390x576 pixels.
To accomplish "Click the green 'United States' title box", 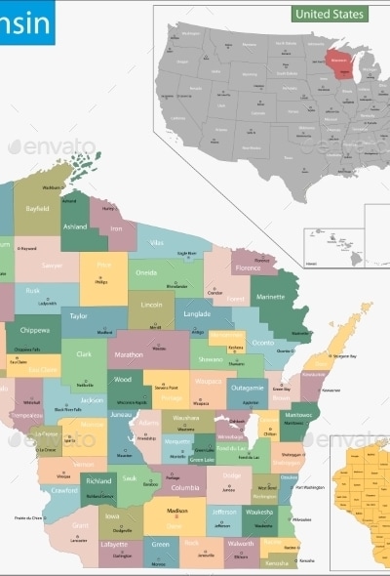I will point(331,15).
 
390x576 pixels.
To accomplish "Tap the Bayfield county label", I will point(37,208).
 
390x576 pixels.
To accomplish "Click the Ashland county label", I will point(75,226).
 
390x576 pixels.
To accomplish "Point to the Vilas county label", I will point(156,241).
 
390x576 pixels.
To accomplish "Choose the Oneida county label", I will point(146,273).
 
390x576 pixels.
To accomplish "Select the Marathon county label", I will point(129,354).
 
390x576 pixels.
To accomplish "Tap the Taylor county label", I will point(78,316).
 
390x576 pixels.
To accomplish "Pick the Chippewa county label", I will point(34,331).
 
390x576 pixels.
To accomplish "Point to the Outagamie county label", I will point(247,388).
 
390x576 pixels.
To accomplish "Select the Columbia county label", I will point(185,487).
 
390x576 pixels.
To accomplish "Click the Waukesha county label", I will point(259,511).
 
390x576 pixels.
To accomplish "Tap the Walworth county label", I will point(240,543).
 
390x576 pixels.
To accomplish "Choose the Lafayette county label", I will point(114,544).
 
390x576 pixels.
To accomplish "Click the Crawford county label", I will point(65,489).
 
